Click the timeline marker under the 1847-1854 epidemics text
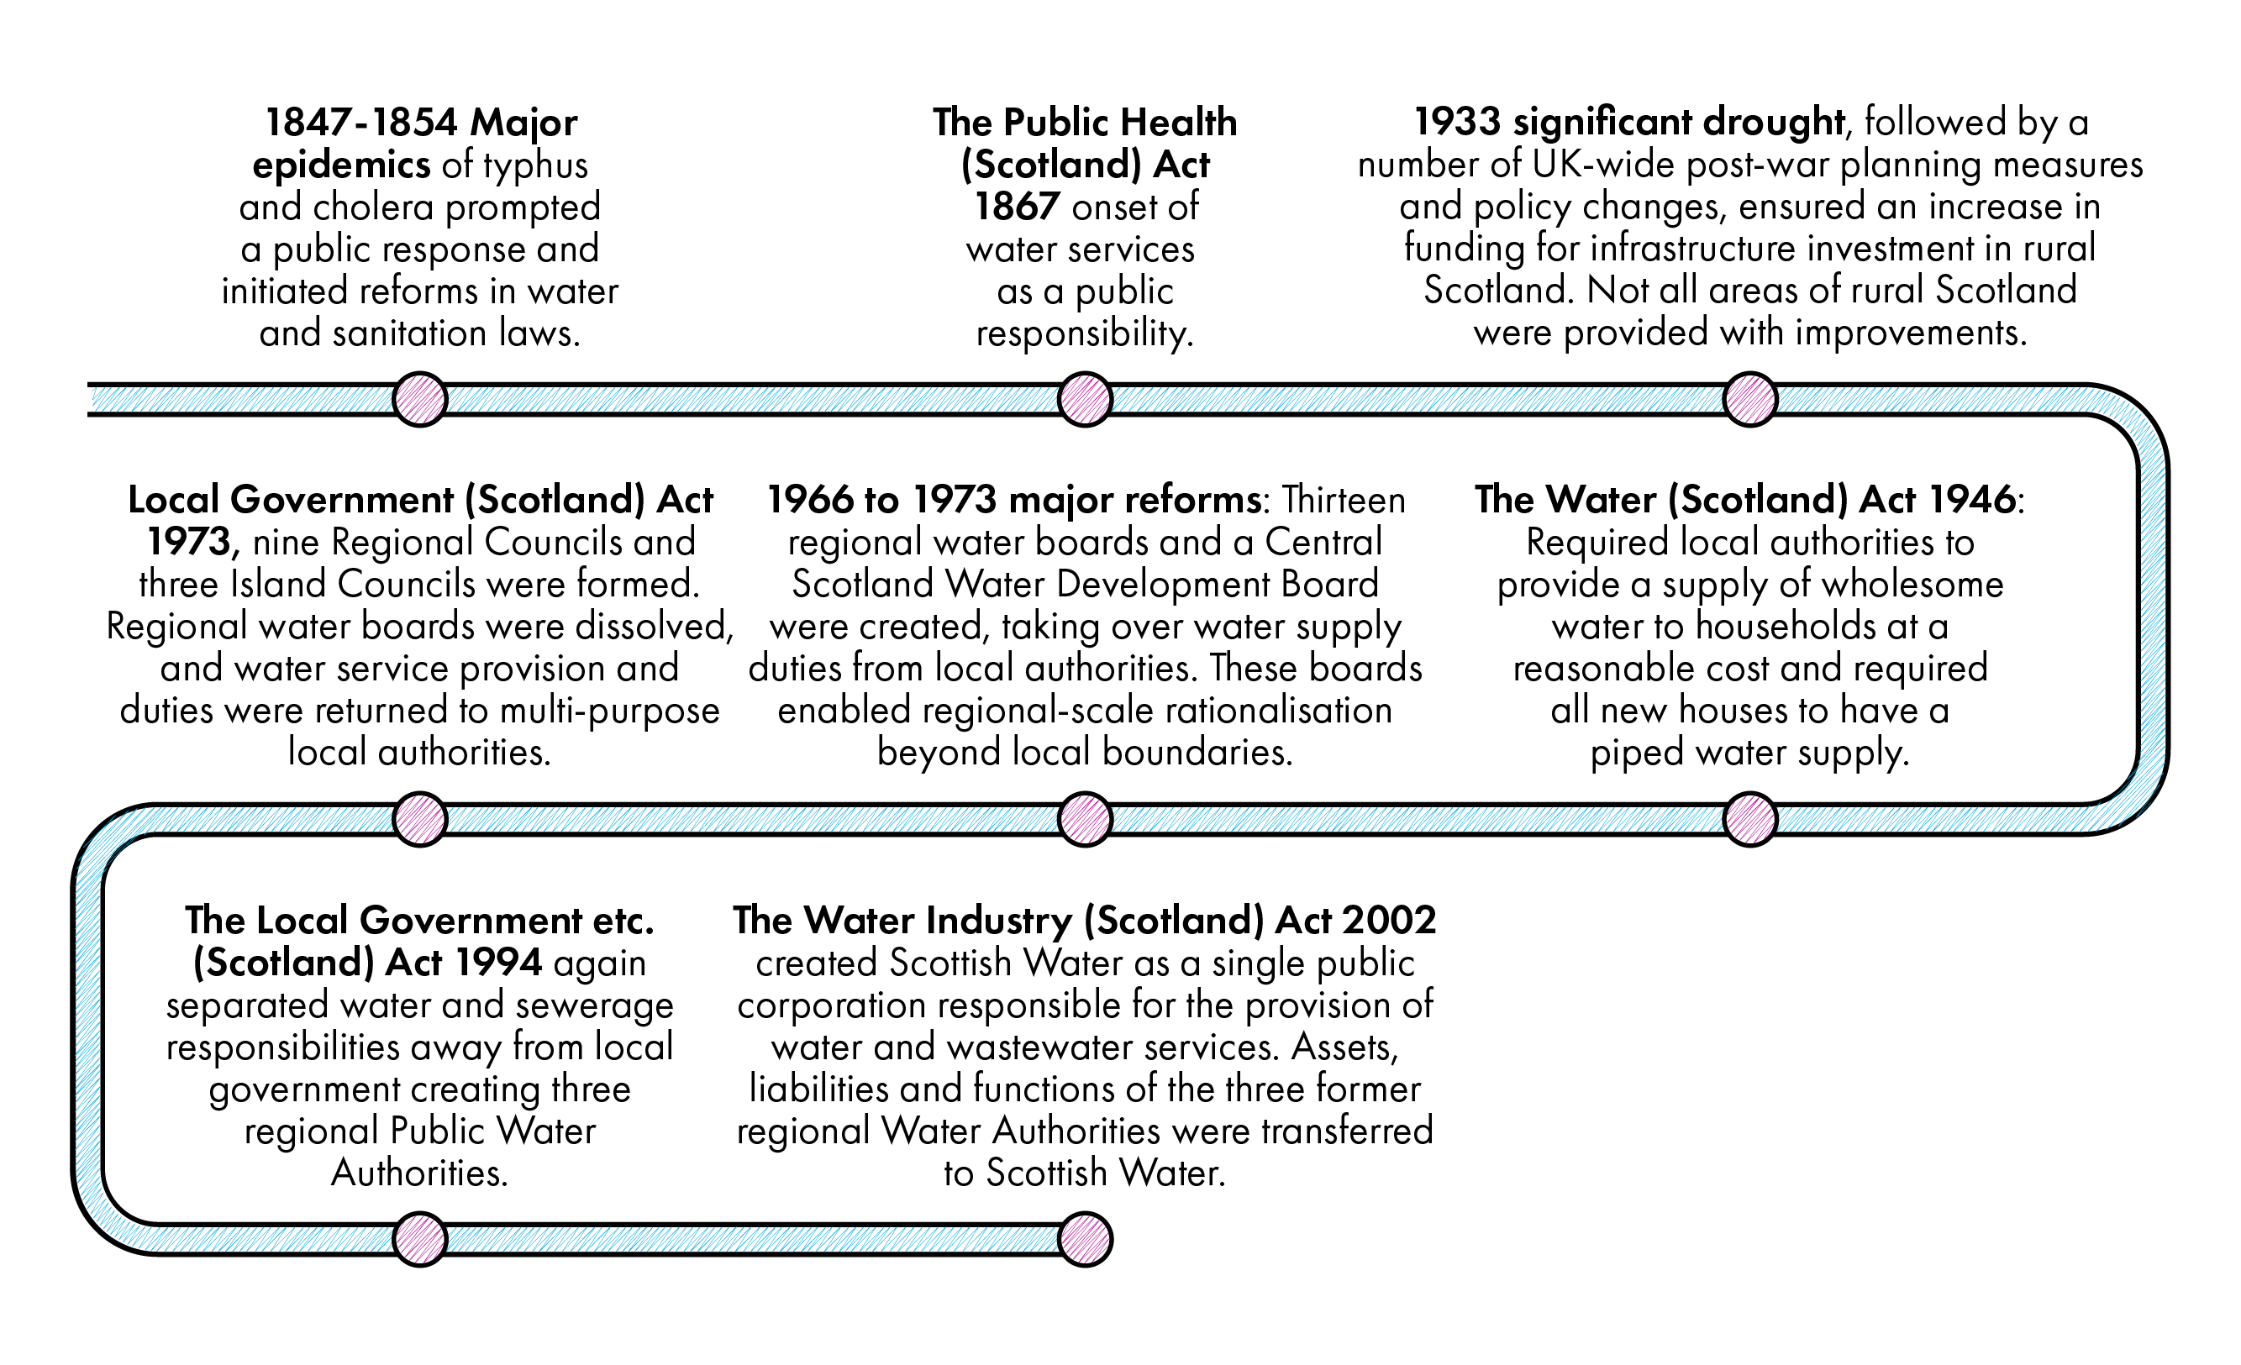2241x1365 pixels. pos(419,399)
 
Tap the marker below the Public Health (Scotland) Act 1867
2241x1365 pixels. pos(1085,399)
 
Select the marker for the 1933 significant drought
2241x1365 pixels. pos(1750,399)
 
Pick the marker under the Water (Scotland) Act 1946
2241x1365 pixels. pos(1750,819)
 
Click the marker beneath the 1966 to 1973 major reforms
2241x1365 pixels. pos(1085,819)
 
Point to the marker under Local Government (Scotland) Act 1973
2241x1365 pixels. pos(419,819)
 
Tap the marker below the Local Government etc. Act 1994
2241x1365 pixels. pos(419,1240)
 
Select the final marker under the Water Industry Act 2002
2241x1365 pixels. pos(1085,1240)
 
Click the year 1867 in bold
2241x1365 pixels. pos(1017,207)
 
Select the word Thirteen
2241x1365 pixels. pos(1344,500)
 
